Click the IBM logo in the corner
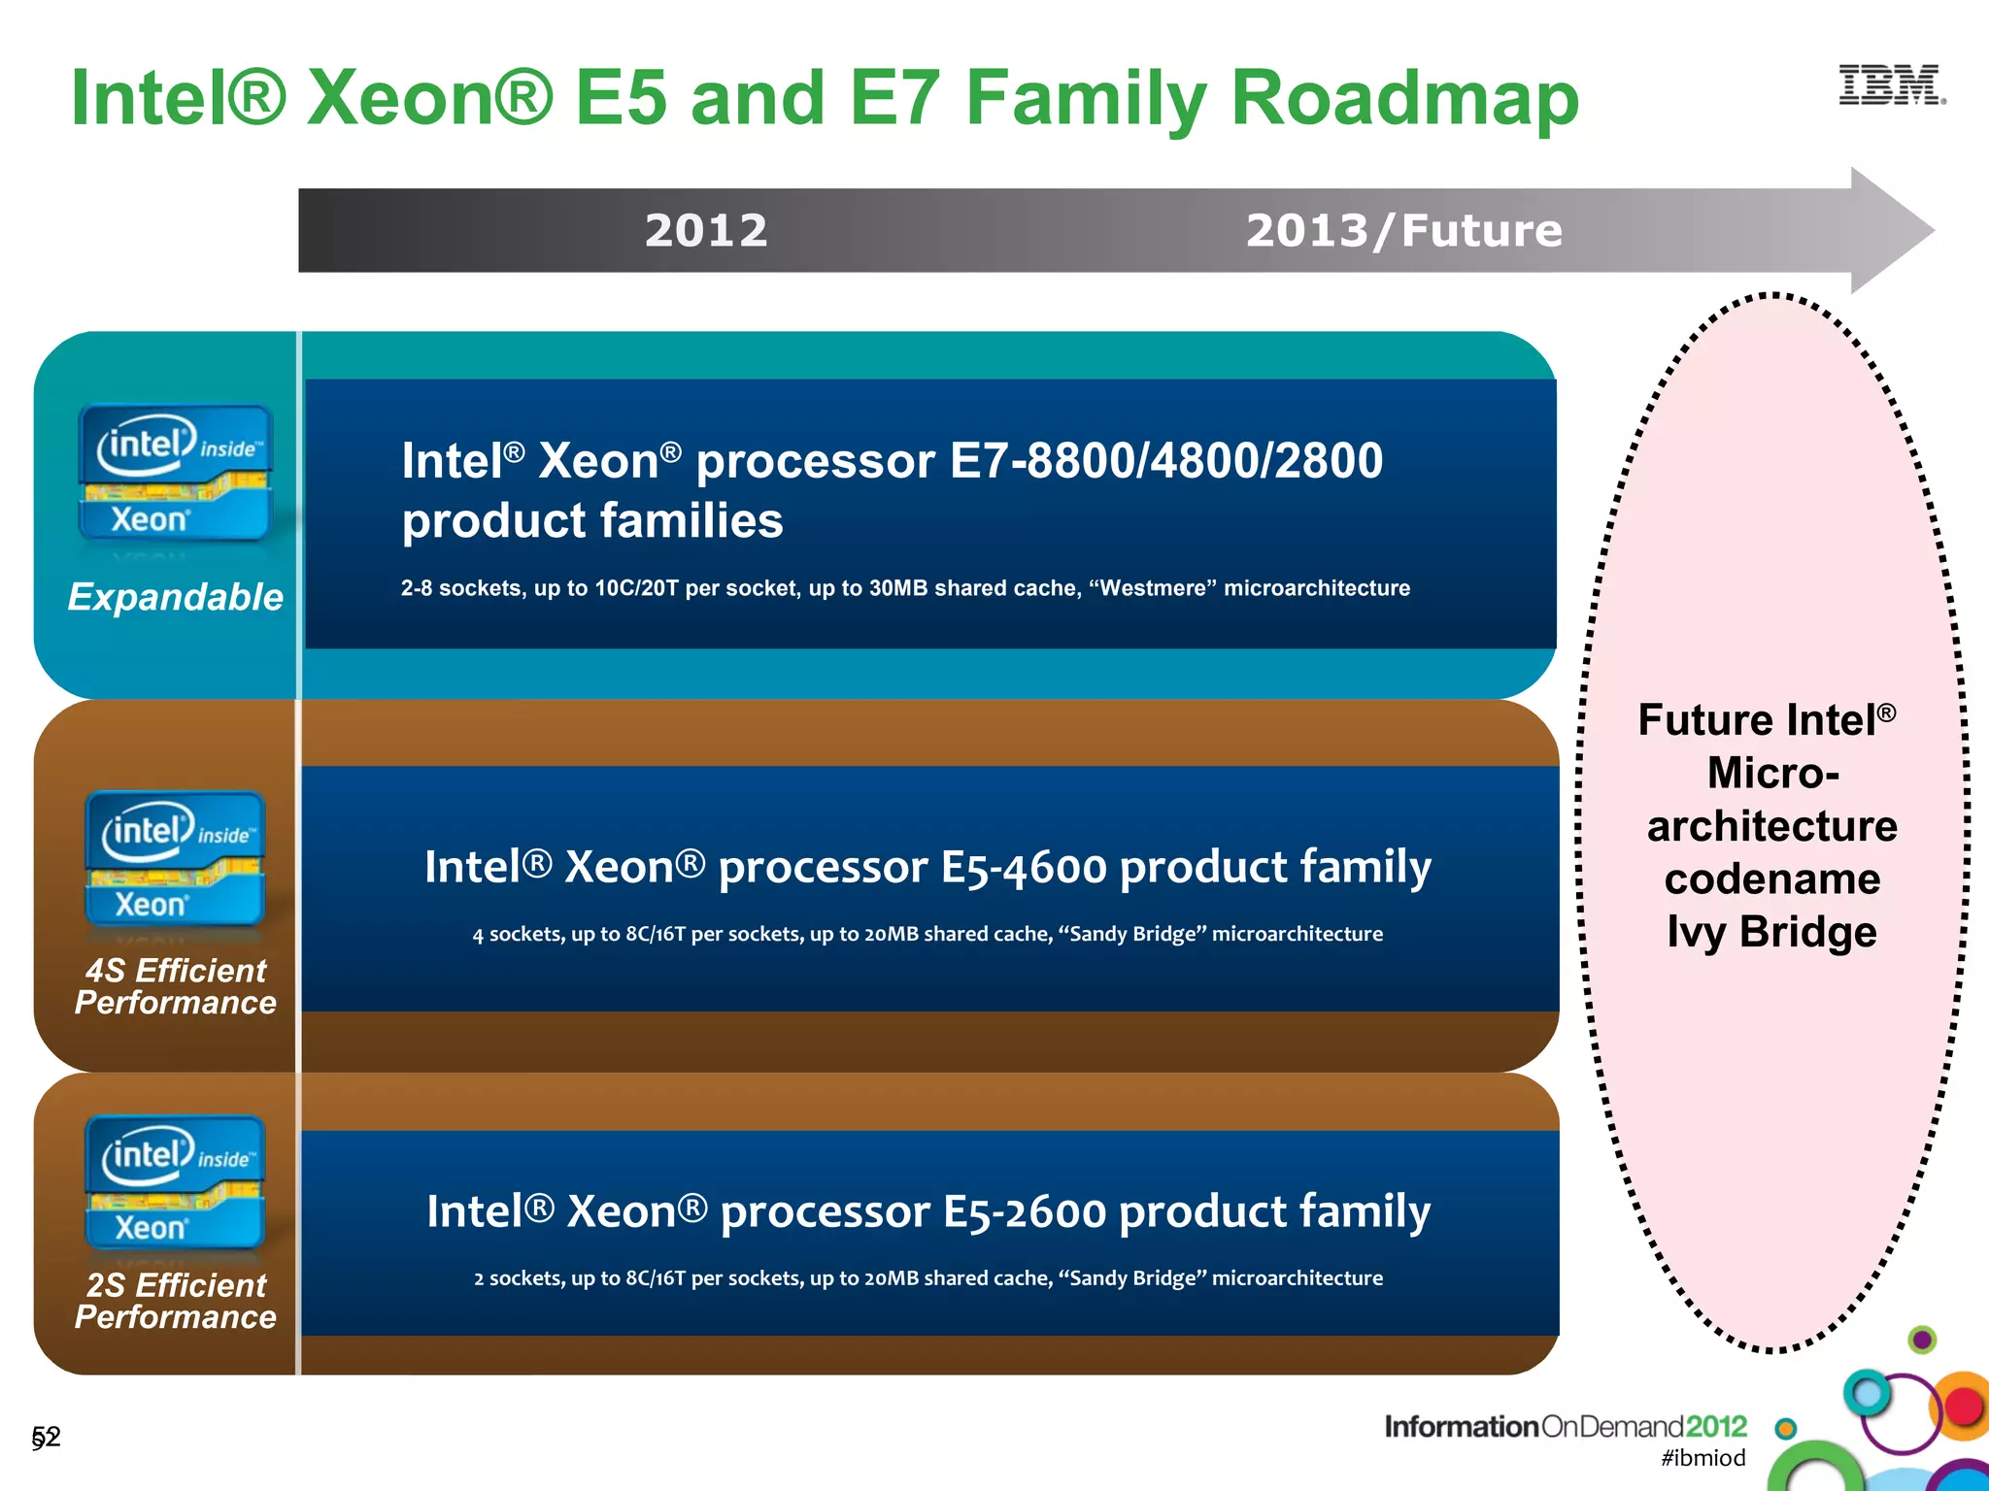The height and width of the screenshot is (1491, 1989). pyautogui.click(x=1891, y=85)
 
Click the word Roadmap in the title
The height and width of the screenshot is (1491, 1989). pyautogui.click(x=1404, y=98)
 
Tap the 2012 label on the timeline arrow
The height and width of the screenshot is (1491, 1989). pyautogui.click(x=706, y=231)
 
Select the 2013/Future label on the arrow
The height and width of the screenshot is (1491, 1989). pyautogui.click(x=1403, y=231)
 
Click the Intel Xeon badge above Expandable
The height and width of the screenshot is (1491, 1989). pyautogui.click(x=176, y=473)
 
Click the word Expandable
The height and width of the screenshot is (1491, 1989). pyautogui.click(x=176, y=597)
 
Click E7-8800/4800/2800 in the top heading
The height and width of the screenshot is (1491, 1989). pyautogui.click(x=1165, y=461)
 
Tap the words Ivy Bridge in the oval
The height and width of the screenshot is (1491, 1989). pyautogui.click(x=1771, y=932)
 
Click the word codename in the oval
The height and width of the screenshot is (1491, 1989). pyautogui.click(x=1771, y=879)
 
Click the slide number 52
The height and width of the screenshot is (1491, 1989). pyautogui.click(x=46, y=1437)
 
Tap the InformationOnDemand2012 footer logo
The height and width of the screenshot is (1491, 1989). pyautogui.click(x=1565, y=1426)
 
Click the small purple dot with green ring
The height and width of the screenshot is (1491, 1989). pyautogui.click(x=1921, y=1341)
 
